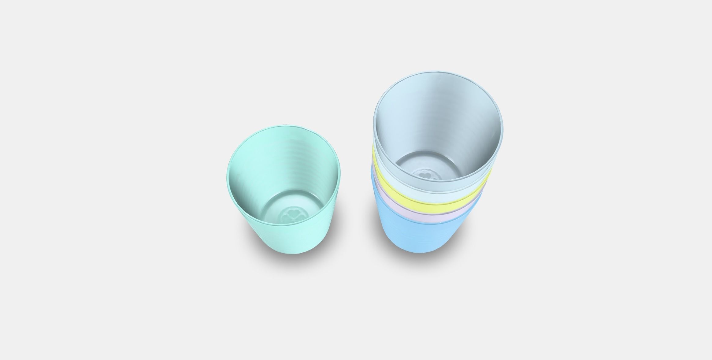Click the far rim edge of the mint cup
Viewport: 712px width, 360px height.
tap(284, 127)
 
